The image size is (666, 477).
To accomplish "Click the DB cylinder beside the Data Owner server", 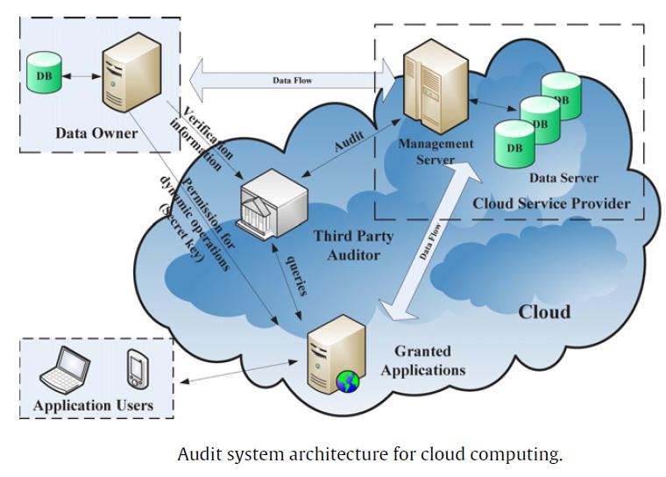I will [x=43, y=74].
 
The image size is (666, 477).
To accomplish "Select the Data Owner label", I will [x=96, y=133].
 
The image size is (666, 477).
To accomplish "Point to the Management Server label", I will [x=436, y=151].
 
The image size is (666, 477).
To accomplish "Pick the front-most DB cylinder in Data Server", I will [x=514, y=145].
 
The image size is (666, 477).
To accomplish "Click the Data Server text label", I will [x=563, y=178].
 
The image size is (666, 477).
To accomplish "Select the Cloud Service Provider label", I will [x=551, y=203].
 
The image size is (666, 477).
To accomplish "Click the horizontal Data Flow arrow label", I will [x=292, y=81].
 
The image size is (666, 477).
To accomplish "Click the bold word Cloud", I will [x=544, y=312].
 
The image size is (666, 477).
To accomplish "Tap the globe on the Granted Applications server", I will [x=348, y=381].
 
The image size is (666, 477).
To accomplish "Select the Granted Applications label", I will [x=422, y=360].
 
